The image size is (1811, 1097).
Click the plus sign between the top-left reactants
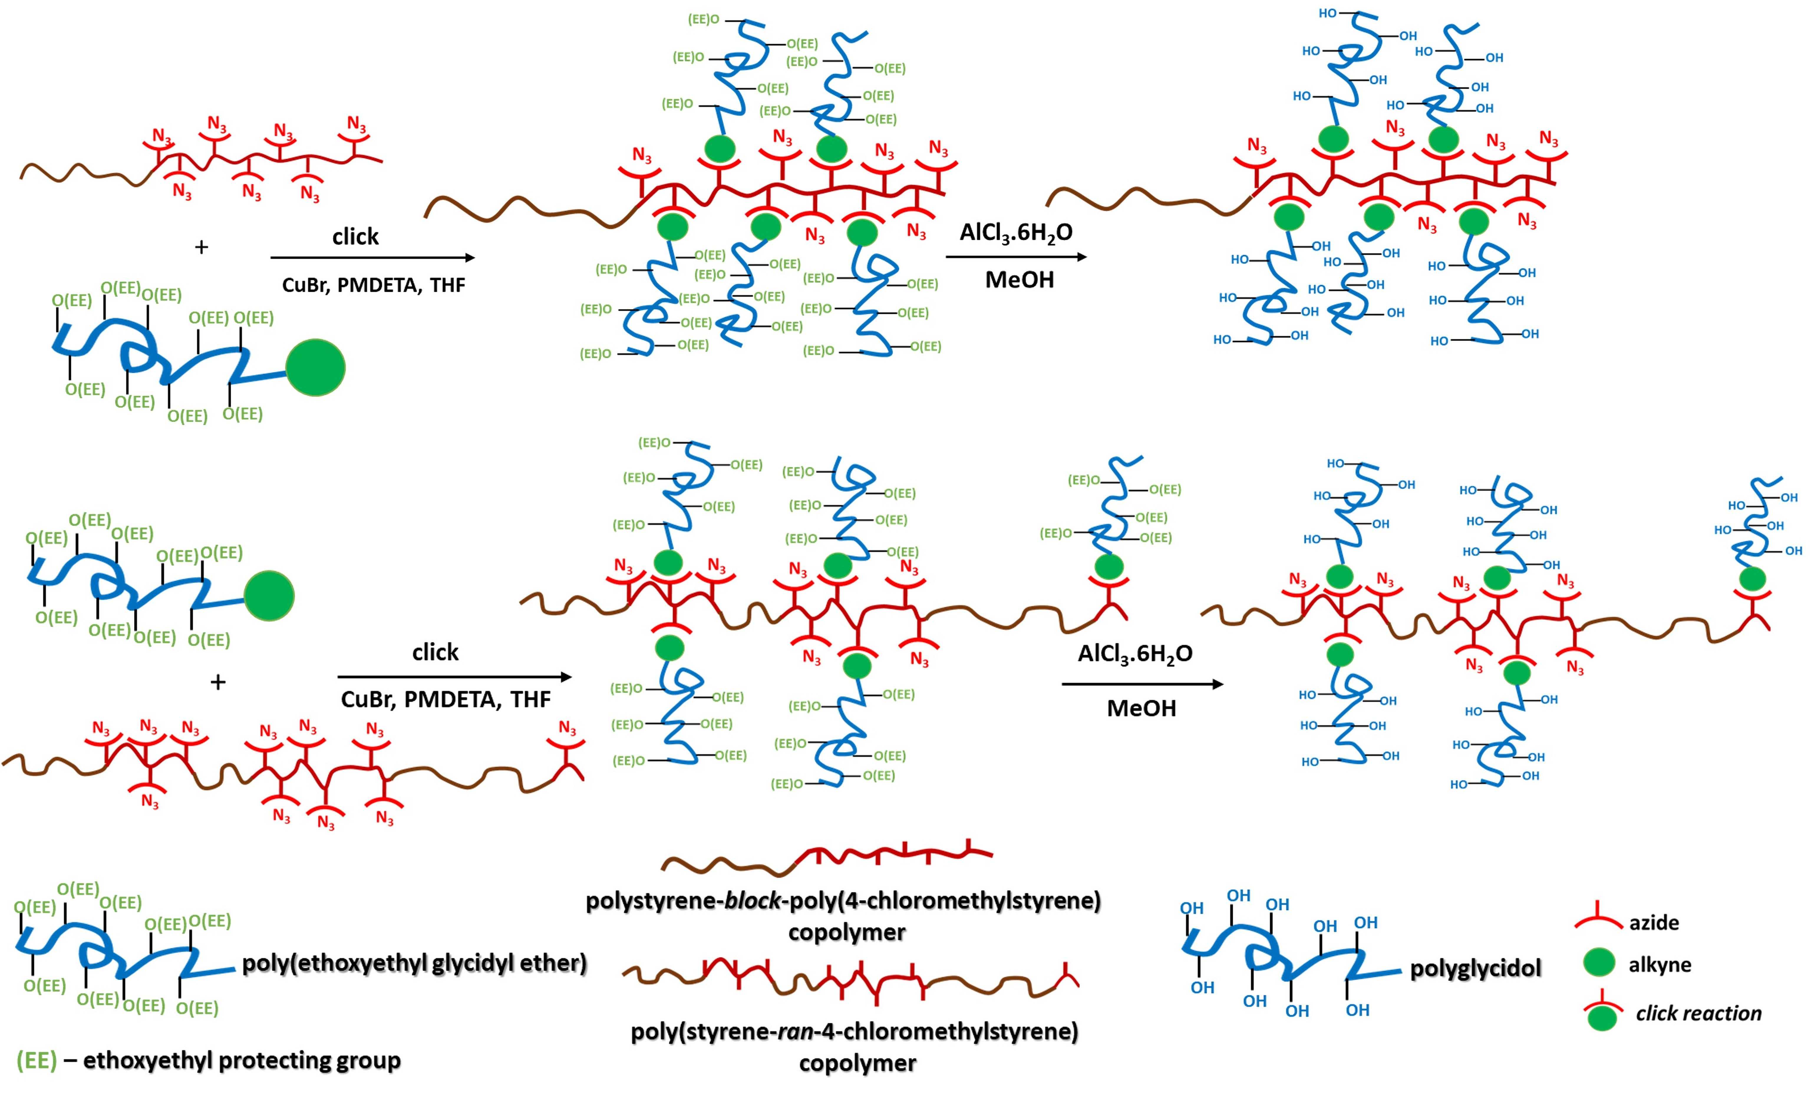(201, 247)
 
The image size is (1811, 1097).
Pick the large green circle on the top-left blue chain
(315, 367)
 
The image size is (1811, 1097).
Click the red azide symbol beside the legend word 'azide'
(1599, 918)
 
